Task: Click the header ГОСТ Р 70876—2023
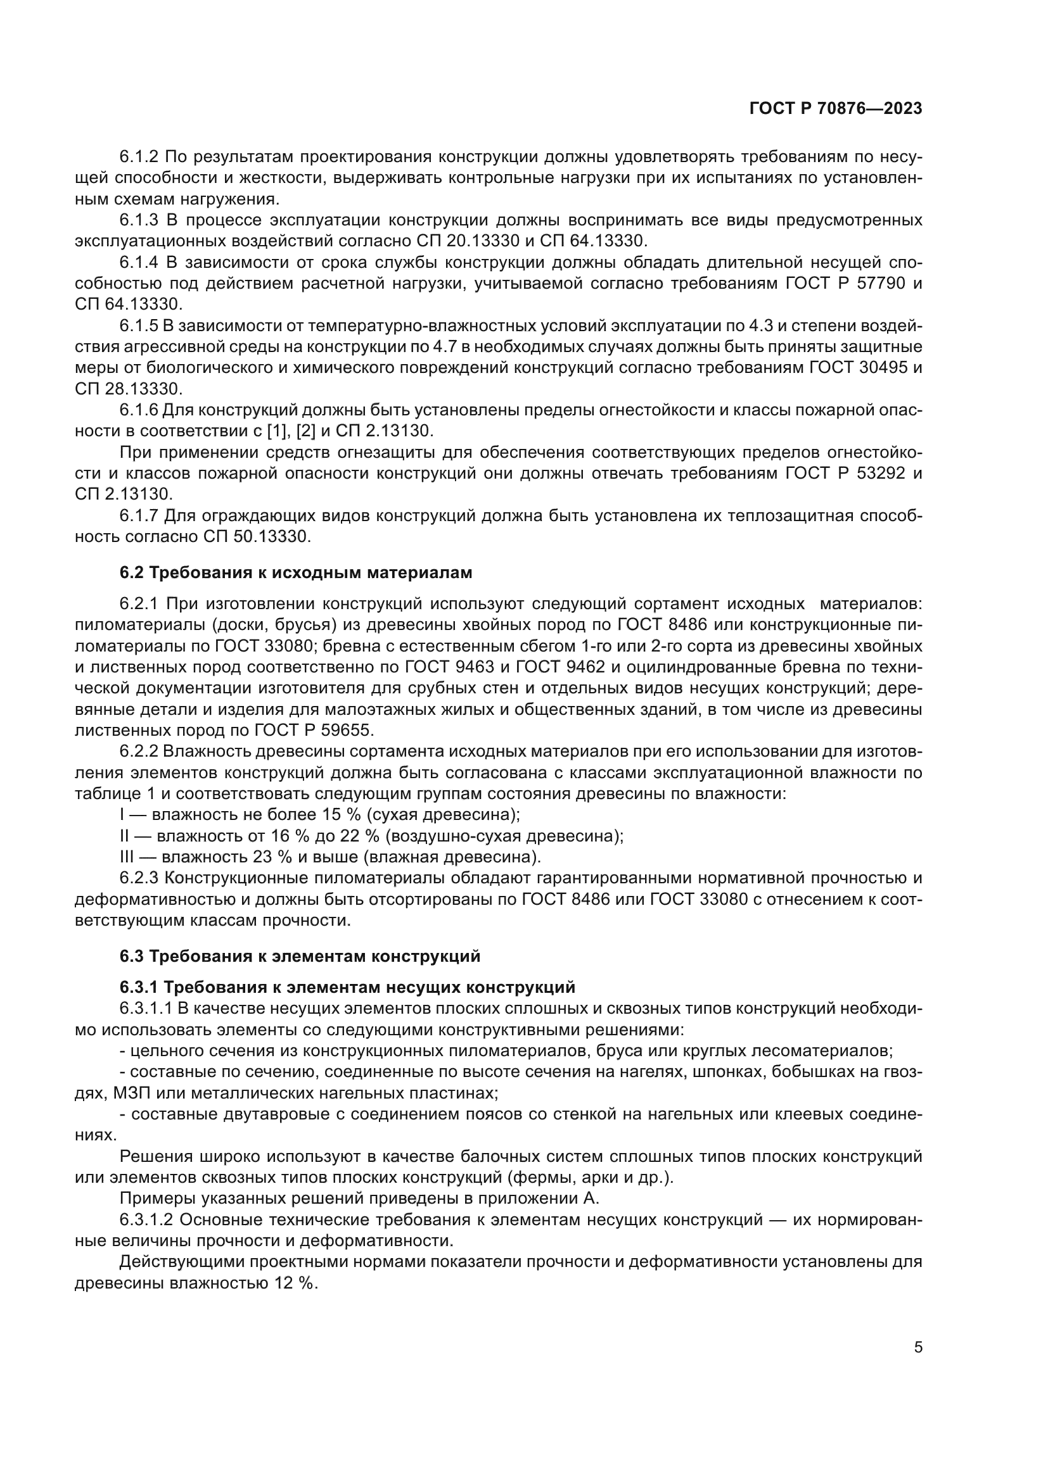point(835,109)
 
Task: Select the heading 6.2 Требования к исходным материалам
point(295,572)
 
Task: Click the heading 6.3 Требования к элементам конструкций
point(300,956)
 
